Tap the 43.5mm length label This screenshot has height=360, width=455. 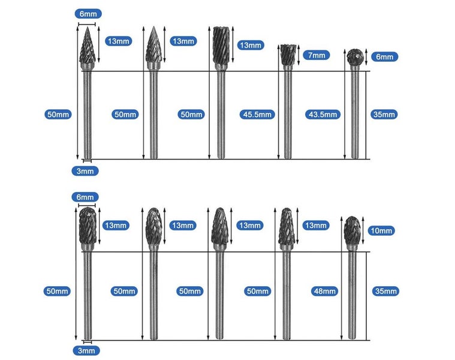[325, 115]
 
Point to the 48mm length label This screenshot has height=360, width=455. [324, 291]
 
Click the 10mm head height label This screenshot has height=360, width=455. [381, 230]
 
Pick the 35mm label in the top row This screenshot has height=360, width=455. [384, 115]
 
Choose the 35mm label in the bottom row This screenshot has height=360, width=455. [384, 291]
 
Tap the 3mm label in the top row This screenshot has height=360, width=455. [86, 171]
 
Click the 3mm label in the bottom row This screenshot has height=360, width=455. [86, 350]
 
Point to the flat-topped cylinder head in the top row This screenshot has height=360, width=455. [219, 44]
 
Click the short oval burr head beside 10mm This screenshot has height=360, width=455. [351, 231]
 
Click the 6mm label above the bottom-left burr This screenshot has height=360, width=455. [86, 197]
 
